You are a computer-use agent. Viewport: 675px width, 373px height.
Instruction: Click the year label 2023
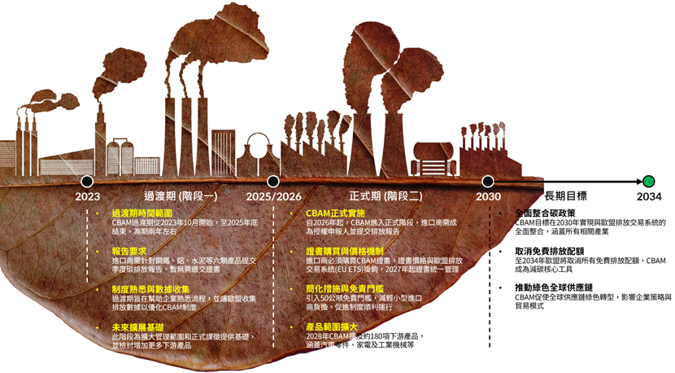point(87,196)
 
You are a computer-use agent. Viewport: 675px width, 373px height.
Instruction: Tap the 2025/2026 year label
point(273,196)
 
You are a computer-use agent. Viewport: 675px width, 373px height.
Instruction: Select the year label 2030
point(488,196)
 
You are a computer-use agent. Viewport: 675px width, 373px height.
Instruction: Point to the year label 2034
point(648,196)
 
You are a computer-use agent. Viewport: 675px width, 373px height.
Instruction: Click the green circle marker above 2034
point(648,181)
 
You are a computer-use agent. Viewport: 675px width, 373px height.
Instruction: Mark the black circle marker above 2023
point(87,181)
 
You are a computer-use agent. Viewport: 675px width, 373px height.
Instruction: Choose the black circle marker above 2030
point(488,181)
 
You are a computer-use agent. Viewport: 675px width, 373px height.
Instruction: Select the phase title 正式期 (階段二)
point(385,196)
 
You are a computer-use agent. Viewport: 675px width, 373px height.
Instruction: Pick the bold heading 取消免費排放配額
point(550,252)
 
